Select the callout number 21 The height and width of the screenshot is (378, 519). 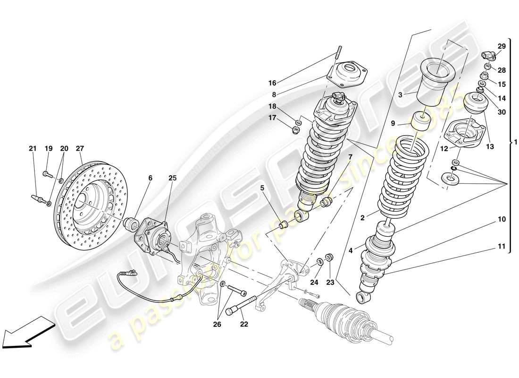[33, 148]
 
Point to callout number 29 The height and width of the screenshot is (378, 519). [501, 46]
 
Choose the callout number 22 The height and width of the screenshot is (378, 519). [243, 324]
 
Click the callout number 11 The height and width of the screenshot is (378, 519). [501, 246]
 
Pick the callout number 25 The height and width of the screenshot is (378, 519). [172, 178]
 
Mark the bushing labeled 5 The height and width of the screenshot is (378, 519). [285, 223]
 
